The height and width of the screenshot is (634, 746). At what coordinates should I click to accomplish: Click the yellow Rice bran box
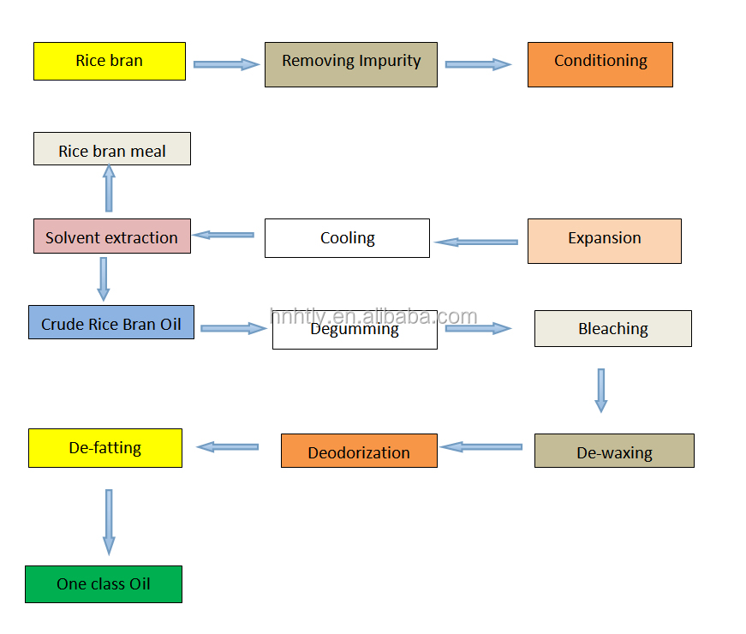110,62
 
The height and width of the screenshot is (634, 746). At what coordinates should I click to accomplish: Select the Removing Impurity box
351,65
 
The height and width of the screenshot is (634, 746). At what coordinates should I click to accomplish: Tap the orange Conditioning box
600,65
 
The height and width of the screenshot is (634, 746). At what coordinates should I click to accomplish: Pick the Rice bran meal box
112,149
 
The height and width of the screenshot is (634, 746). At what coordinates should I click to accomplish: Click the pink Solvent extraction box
112,236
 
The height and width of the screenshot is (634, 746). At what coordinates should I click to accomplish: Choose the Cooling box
348,238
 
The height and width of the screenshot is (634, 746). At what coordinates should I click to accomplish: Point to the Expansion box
605,242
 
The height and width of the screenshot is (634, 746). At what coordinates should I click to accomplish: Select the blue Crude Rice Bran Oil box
111,322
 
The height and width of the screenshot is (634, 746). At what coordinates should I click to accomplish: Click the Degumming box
355,330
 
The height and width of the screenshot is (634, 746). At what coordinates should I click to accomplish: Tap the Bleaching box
613,328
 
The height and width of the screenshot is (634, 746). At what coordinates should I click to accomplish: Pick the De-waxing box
614,451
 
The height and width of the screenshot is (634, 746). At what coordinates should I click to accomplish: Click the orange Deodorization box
359,451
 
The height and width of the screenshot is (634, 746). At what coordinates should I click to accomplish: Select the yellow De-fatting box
105,448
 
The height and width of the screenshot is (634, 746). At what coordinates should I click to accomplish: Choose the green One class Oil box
104,584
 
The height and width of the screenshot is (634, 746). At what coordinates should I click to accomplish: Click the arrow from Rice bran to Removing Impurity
226,64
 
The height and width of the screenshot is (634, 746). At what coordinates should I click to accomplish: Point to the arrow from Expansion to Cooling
476,242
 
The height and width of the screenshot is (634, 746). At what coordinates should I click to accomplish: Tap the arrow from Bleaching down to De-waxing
601,391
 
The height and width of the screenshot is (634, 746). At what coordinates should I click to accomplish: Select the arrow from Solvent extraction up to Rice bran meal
109,188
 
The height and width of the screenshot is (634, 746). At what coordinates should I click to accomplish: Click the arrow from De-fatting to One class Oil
109,522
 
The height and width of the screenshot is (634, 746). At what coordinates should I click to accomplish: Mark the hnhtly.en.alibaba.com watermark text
373,316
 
